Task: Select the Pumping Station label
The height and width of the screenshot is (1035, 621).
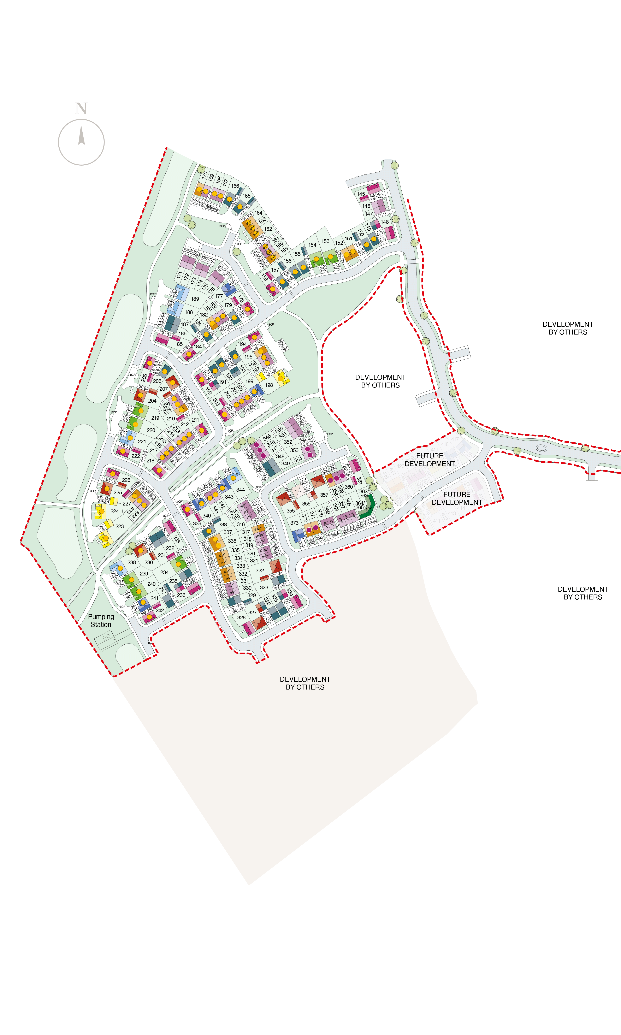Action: coord(101,620)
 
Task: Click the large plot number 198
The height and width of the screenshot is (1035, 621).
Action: coord(269,385)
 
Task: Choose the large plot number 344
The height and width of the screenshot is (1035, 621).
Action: coord(240,490)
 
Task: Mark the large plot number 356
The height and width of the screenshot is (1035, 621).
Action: coord(306,504)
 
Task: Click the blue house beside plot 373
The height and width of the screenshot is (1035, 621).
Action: coord(298,534)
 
